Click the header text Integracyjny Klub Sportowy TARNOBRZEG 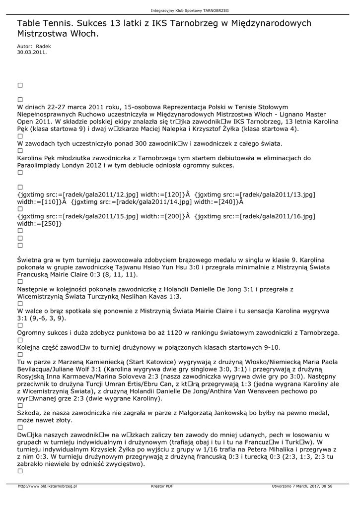[x=190, y=10]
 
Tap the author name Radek [x=43, y=46]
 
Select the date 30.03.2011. [x=32, y=51]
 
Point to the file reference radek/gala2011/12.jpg [x=98, y=194]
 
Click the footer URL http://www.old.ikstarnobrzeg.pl [x=47, y=486]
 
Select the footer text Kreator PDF [x=162, y=486]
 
